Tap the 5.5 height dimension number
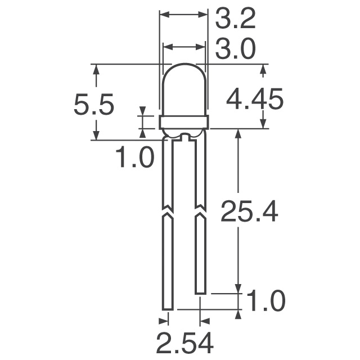coord(94,105)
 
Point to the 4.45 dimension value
coord(254,101)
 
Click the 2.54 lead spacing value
coord(184,342)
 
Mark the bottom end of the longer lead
coord(167,308)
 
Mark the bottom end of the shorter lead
coord(200,292)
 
